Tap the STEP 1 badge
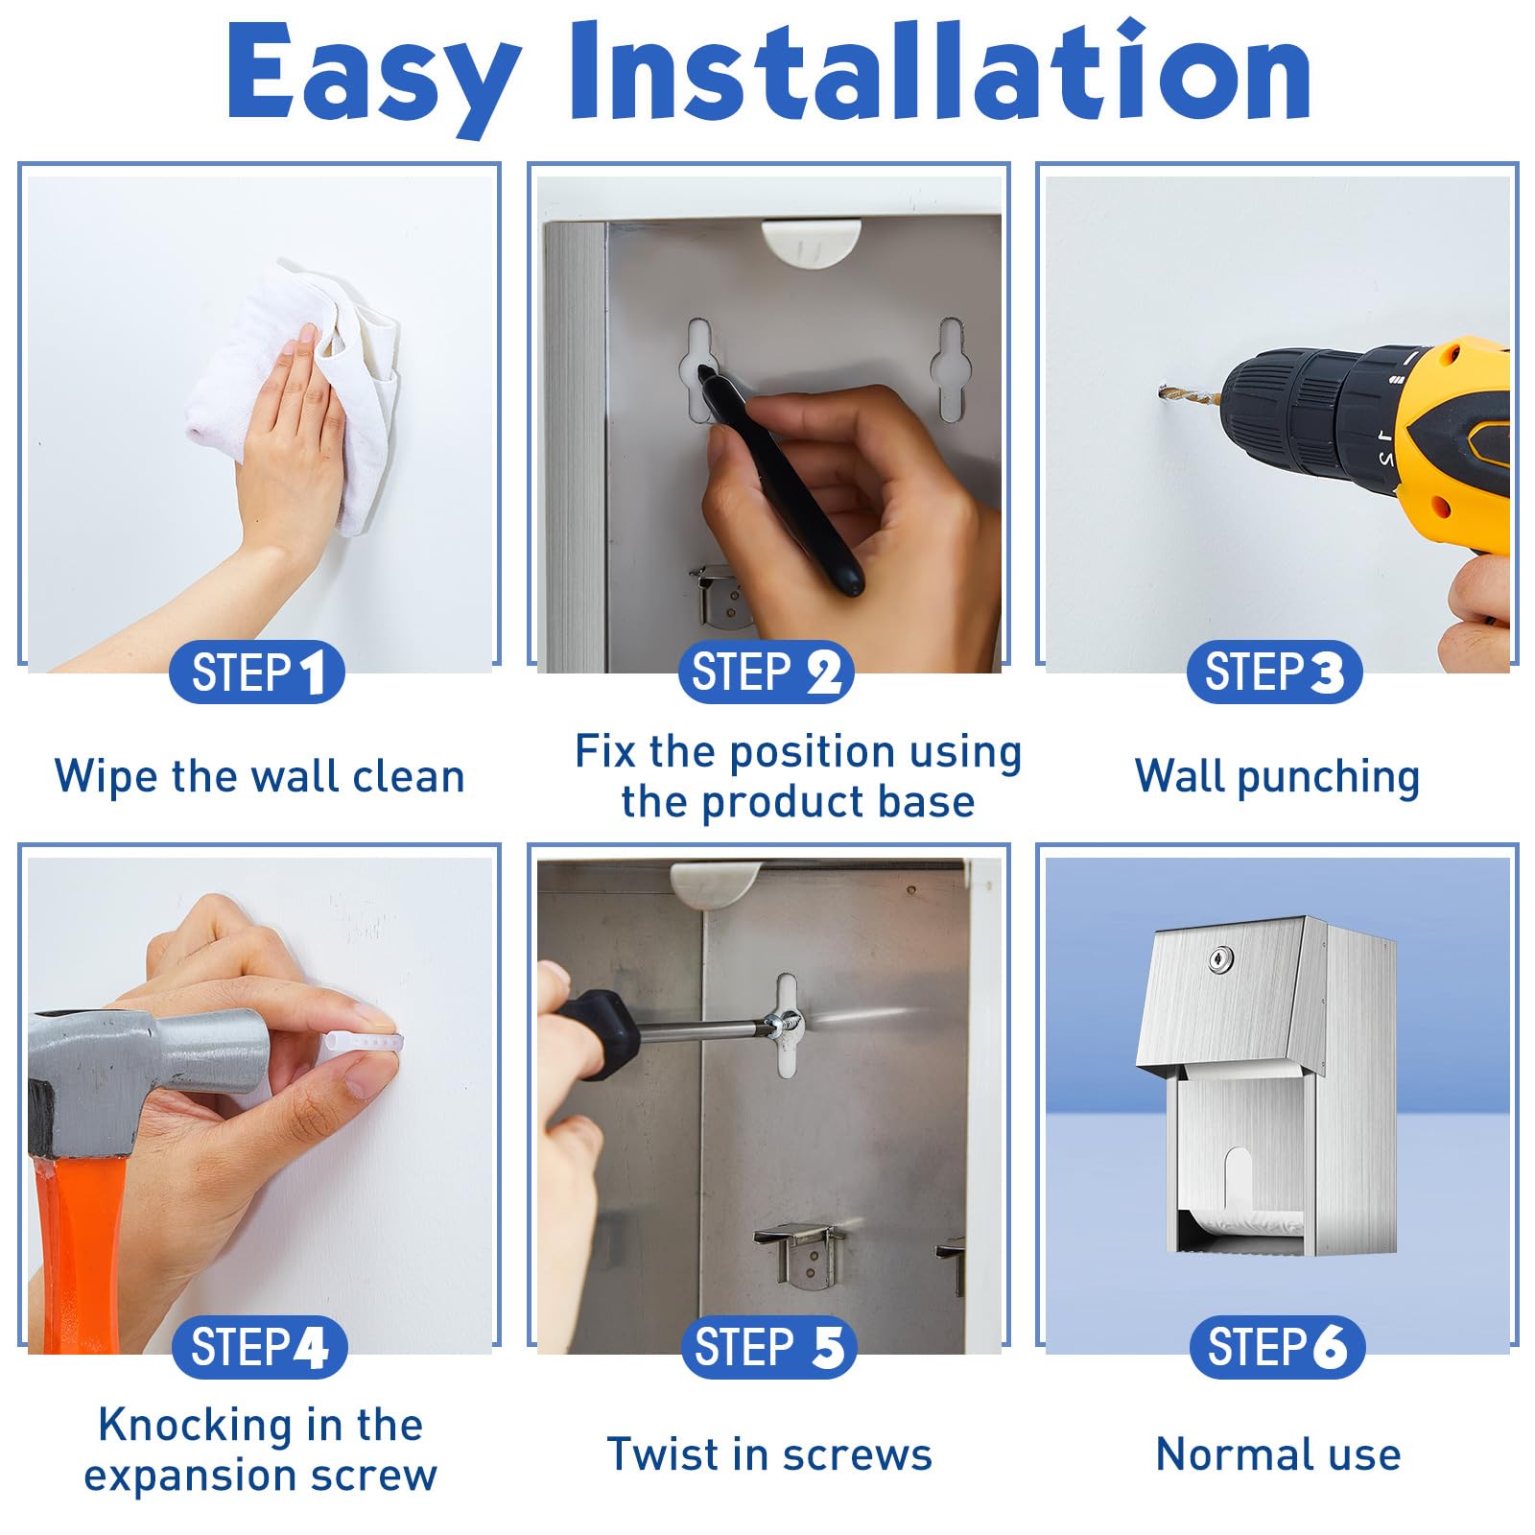tap(257, 672)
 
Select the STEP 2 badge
tap(767, 672)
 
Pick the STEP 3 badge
tap(1275, 672)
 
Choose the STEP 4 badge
tap(259, 1347)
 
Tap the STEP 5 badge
tap(768, 1347)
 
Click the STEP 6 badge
tap(1278, 1347)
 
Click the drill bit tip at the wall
tap(1162, 390)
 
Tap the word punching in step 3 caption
tap(1328, 778)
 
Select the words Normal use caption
tap(1278, 1454)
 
